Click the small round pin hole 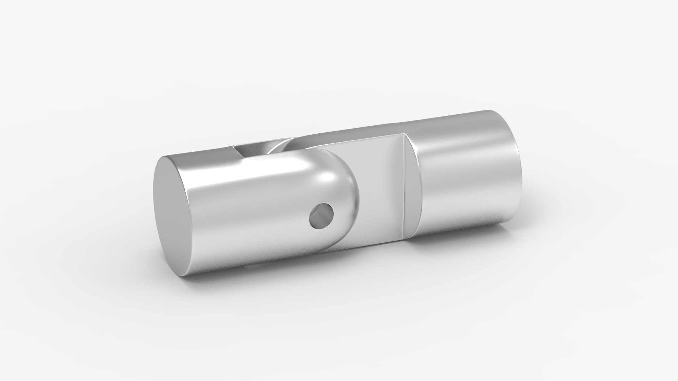[x=321, y=216]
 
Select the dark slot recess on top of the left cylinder [x=252, y=150]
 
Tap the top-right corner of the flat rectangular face [x=403, y=135]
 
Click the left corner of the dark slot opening [x=235, y=148]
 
